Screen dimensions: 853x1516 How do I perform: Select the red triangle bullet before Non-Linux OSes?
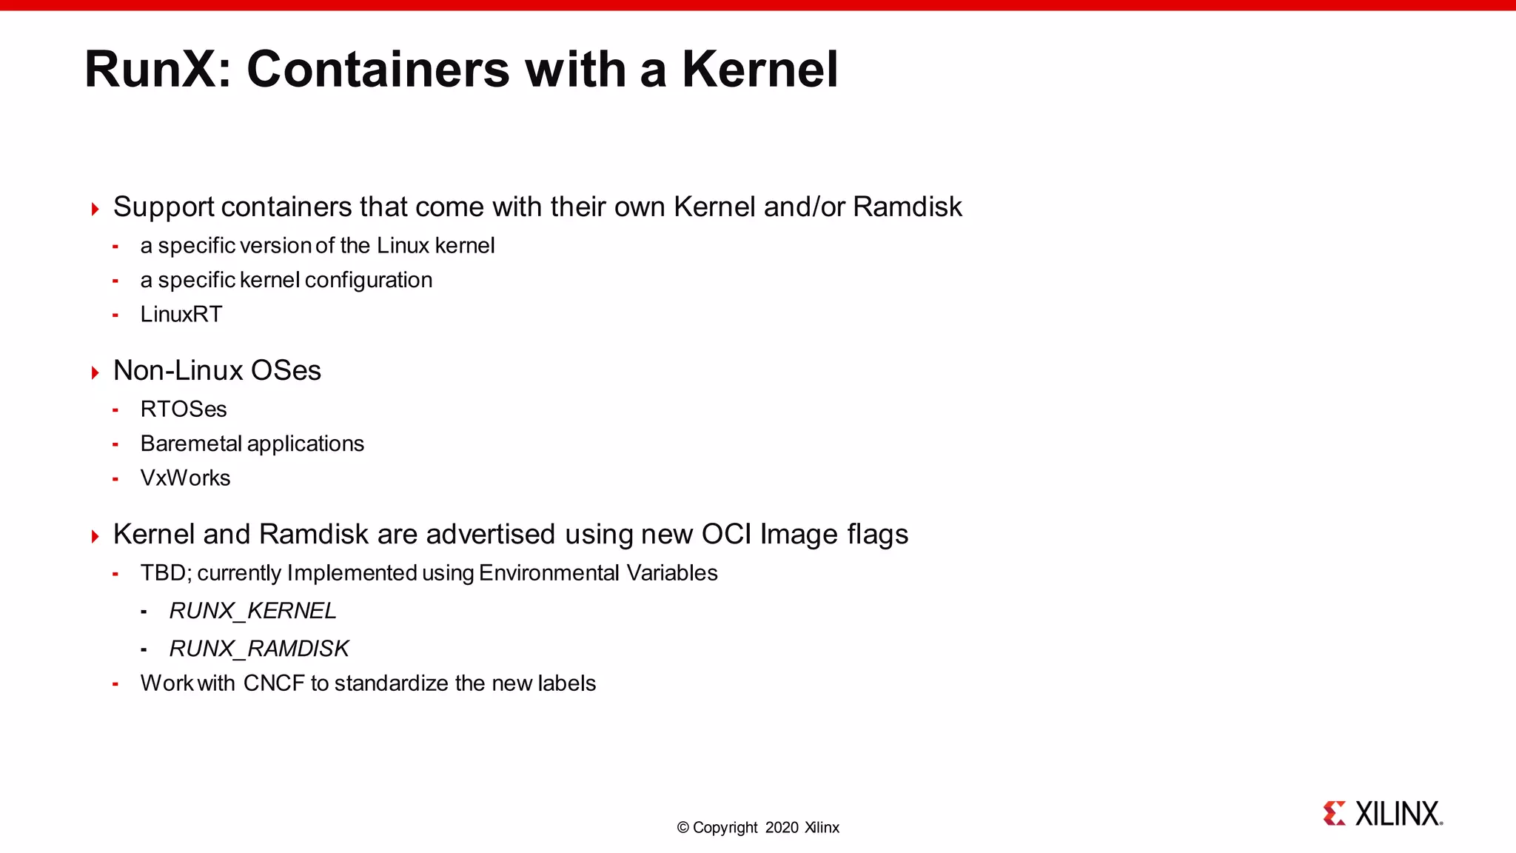click(95, 372)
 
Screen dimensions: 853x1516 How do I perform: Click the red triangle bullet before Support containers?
click(95, 209)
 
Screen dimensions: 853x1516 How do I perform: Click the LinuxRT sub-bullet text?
click(181, 314)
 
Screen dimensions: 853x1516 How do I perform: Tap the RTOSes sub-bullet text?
click(184, 409)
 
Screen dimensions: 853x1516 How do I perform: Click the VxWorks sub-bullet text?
click(185, 478)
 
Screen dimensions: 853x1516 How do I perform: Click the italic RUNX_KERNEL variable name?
click(252, 611)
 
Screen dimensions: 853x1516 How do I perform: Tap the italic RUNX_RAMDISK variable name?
click(258, 649)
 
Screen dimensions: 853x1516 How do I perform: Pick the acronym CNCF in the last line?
click(274, 683)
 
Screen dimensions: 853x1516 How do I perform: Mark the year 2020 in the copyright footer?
click(782, 828)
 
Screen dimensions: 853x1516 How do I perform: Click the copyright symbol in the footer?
click(682, 828)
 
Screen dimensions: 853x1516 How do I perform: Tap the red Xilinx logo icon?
click(1334, 813)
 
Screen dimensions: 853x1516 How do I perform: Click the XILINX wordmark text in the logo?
click(1398, 814)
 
